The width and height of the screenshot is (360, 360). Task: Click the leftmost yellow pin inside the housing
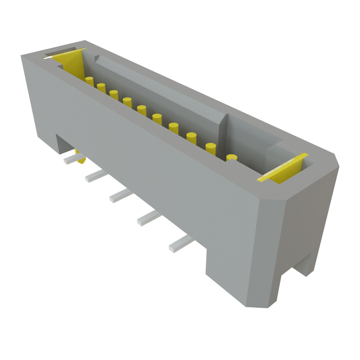click(89, 81)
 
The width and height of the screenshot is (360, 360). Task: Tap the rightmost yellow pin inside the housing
click(231, 157)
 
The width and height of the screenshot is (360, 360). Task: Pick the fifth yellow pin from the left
click(142, 110)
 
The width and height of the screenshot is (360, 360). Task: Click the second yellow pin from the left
click(101, 88)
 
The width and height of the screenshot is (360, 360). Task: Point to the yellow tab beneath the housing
click(81, 160)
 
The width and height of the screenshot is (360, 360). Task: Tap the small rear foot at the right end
click(304, 265)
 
